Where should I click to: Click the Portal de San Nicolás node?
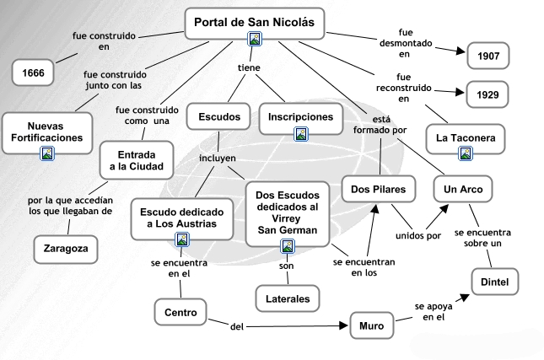pyautogui.click(x=254, y=23)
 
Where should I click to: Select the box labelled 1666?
pyautogui.click(x=34, y=73)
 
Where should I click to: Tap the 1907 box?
pyautogui.click(x=487, y=56)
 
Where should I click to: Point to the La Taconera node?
pyautogui.click(x=466, y=136)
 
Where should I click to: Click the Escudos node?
pyautogui.click(x=218, y=116)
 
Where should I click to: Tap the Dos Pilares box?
pyautogui.click(x=379, y=190)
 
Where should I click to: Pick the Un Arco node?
pyautogui.click(x=463, y=190)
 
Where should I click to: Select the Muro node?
pyautogui.click(x=371, y=324)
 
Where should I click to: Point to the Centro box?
pyautogui.click(x=180, y=312)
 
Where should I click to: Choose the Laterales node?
pyautogui.click(x=288, y=298)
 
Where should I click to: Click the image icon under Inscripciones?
pyautogui.click(x=301, y=133)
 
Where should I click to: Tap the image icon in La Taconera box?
pyautogui.click(x=466, y=153)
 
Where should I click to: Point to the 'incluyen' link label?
pyautogui.click(x=217, y=158)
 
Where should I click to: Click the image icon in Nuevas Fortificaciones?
pyautogui.click(x=48, y=153)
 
